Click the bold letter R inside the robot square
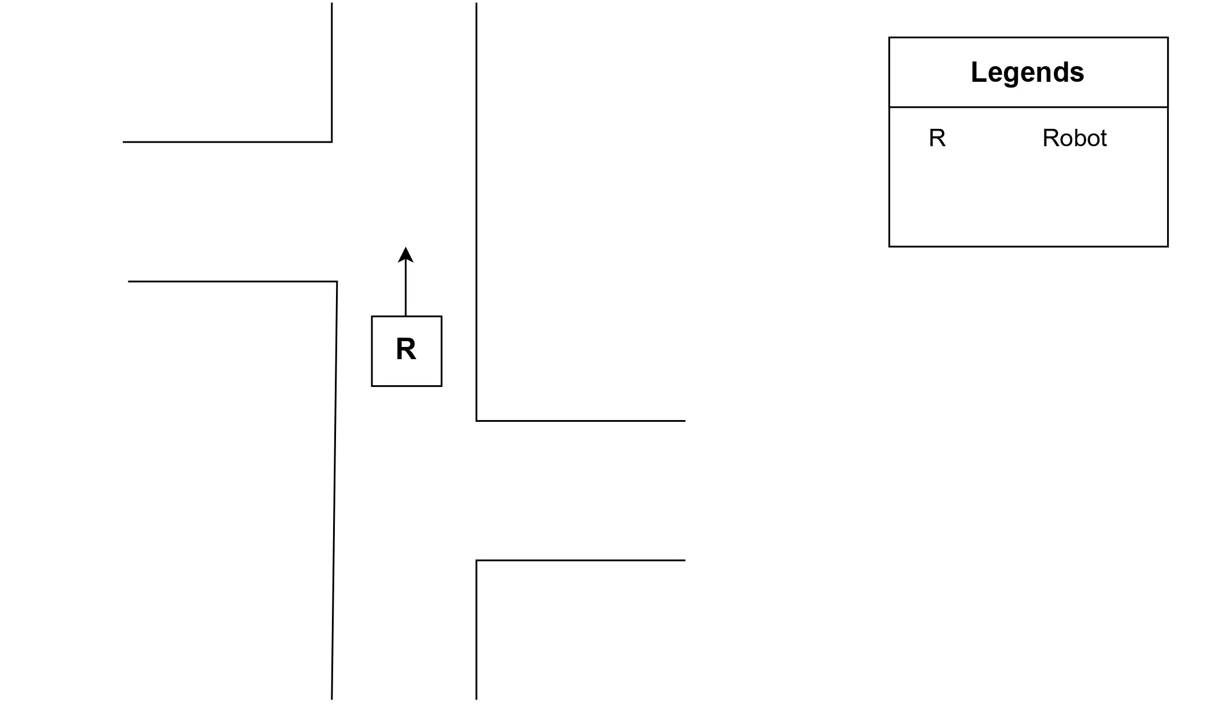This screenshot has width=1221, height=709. tap(406, 349)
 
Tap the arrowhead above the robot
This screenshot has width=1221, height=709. tap(406, 254)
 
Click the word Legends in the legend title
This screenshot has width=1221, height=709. tap(1027, 73)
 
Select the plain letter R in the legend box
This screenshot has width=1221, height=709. tap(937, 138)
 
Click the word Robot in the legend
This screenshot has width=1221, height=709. tap(1074, 138)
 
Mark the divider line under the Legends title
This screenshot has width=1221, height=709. tap(1028, 107)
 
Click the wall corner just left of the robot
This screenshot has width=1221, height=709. tap(337, 282)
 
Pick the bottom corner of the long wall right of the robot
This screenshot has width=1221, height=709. tap(476, 421)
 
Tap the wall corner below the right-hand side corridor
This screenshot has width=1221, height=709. tap(476, 560)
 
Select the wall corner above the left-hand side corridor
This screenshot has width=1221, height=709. tap(331, 142)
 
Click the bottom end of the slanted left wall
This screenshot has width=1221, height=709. tap(332, 699)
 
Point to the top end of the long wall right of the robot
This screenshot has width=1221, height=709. tap(476, 3)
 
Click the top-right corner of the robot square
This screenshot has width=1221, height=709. tap(442, 317)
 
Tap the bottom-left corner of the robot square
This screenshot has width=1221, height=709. tap(372, 386)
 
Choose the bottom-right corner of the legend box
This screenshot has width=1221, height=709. tap(1168, 247)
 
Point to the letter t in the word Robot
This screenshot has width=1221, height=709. tap(1103, 138)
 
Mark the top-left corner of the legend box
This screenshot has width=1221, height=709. tap(890, 38)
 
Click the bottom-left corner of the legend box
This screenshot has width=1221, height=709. tap(890, 247)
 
